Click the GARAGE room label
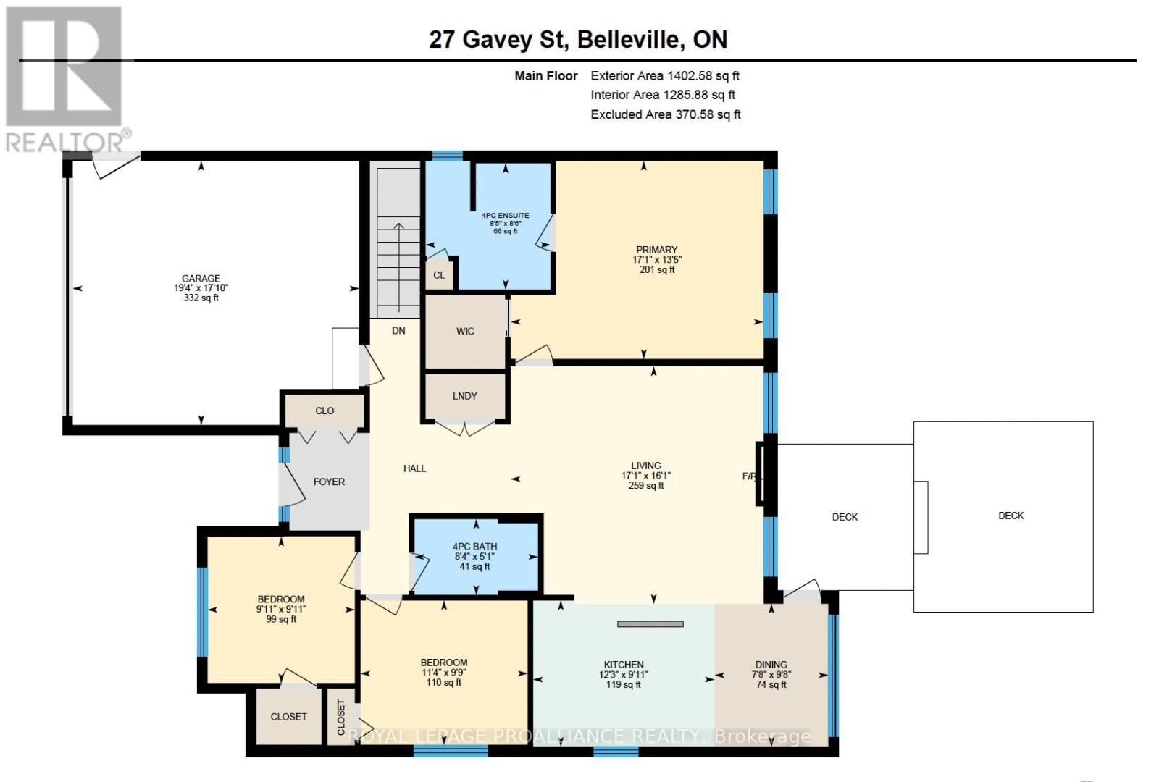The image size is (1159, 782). (201, 279)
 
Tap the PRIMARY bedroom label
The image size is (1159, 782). (656, 250)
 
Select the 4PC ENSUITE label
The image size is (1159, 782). (505, 216)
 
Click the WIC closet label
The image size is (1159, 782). (465, 332)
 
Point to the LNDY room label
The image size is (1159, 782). (464, 396)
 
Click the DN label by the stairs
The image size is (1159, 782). (398, 331)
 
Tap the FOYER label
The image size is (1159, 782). (329, 482)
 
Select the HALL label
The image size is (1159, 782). (414, 468)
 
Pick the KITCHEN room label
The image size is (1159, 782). (624, 665)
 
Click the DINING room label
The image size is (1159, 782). (771, 665)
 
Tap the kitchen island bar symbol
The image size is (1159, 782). (650, 623)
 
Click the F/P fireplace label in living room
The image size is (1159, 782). (748, 476)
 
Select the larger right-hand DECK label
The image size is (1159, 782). (1011, 516)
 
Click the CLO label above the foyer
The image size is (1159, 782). (325, 411)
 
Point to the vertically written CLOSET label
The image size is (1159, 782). (341, 717)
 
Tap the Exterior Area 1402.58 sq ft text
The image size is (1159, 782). (664, 76)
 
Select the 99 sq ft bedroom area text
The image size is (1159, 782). (281, 619)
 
